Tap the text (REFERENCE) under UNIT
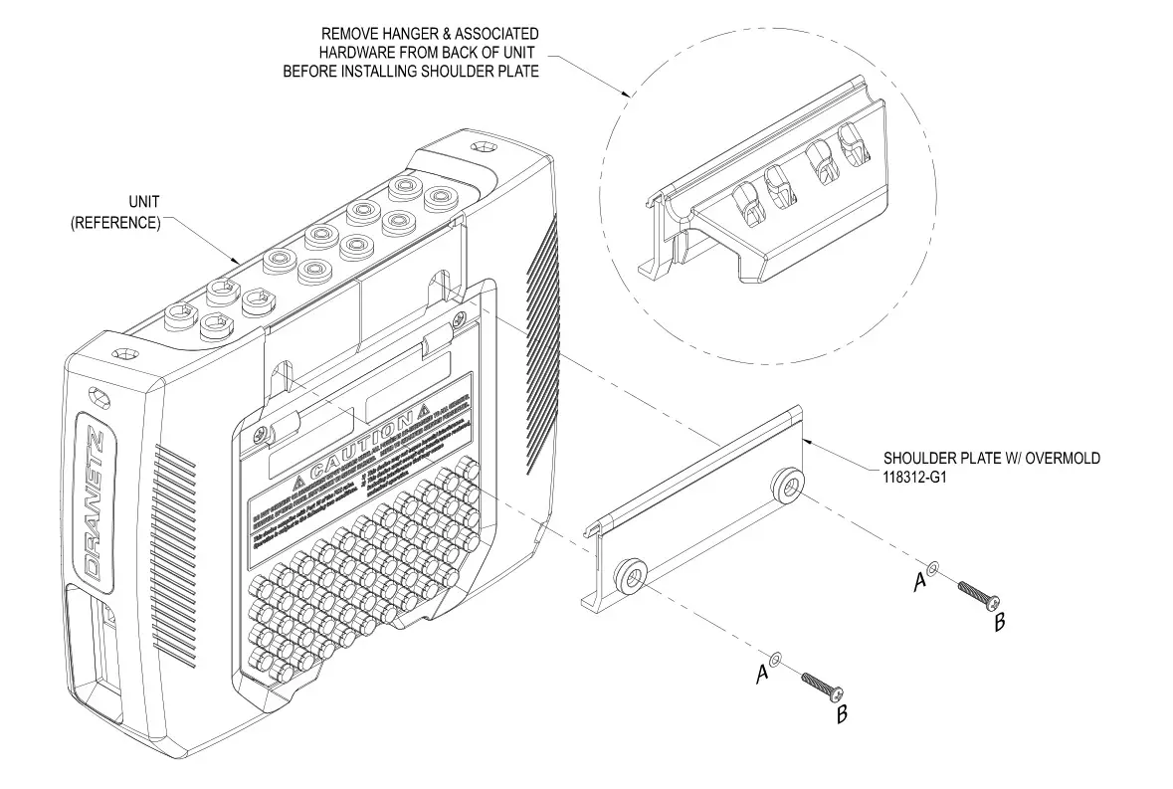[x=115, y=223]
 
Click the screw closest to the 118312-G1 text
[x=974, y=595]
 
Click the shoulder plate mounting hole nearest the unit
[x=631, y=574]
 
